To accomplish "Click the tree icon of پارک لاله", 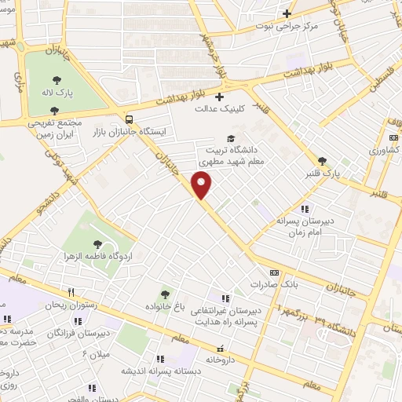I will click(58, 79).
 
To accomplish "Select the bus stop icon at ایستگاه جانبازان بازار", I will click(128, 119).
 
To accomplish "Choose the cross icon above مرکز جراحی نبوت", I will click(287, 13).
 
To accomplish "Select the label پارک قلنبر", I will click(323, 174).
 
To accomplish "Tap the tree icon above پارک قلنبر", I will click(323, 161).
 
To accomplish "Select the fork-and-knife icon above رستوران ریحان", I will click(71, 291).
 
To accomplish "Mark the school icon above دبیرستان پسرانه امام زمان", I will click(304, 209).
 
